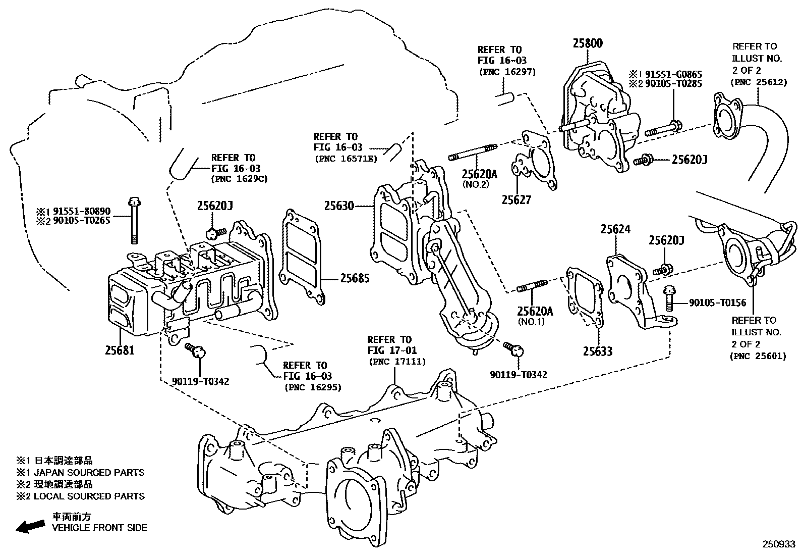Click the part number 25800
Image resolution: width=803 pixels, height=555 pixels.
(x=587, y=43)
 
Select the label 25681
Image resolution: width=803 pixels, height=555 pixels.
(x=120, y=349)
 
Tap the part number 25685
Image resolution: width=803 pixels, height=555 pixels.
(x=355, y=278)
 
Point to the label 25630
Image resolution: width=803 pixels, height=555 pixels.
(x=339, y=206)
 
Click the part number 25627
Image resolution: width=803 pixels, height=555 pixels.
(x=516, y=200)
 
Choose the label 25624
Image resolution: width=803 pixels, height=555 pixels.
(x=615, y=230)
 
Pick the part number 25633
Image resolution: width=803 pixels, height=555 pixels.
(x=598, y=351)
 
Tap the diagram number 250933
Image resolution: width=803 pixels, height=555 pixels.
(x=778, y=545)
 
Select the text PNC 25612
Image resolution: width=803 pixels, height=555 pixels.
(x=758, y=82)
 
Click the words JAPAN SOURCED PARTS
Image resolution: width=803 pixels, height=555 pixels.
(x=89, y=473)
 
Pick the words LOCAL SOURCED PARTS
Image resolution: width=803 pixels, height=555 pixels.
(x=89, y=496)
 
